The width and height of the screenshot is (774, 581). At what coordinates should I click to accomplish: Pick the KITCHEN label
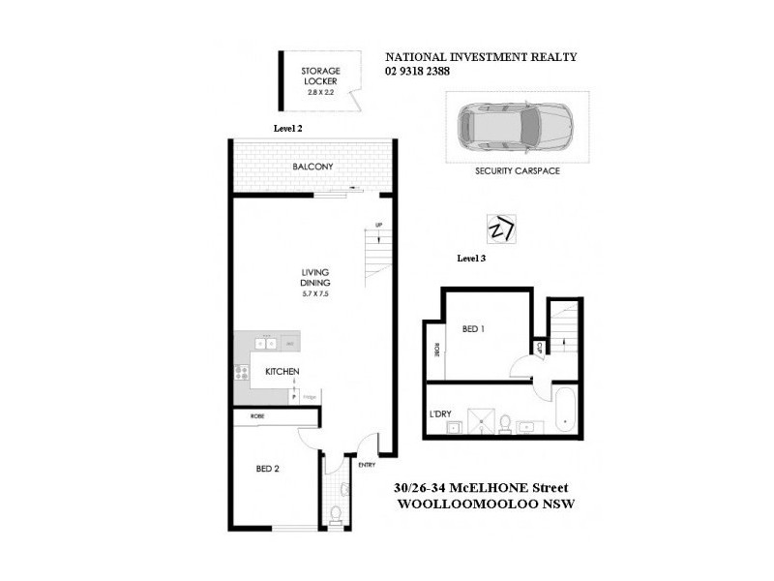[282, 371]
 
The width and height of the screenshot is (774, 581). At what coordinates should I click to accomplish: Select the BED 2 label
[267, 469]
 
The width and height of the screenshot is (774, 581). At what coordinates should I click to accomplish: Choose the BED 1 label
[473, 329]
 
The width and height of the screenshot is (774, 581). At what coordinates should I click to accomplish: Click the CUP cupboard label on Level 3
[538, 346]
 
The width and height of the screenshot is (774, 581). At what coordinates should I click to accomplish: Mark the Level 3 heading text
[470, 259]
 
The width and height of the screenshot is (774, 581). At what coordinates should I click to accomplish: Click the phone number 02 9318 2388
[418, 70]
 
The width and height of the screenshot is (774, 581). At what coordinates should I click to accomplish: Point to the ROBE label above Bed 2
[257, 416]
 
